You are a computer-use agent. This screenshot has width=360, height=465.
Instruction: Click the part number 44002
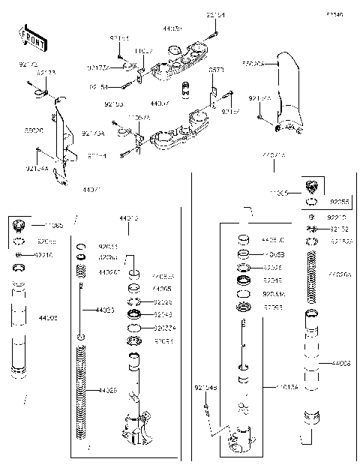(48, 318)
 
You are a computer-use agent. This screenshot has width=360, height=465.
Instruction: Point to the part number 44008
(341, 363)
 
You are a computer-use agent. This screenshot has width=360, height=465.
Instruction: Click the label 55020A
(253, 64)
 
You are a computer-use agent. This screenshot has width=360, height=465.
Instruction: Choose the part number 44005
(161, 288)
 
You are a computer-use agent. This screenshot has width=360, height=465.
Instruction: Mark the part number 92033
(108, 245)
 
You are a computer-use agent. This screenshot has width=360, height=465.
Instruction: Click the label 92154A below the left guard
(37, 169)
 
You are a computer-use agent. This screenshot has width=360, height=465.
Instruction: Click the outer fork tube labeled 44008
(312, 360)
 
